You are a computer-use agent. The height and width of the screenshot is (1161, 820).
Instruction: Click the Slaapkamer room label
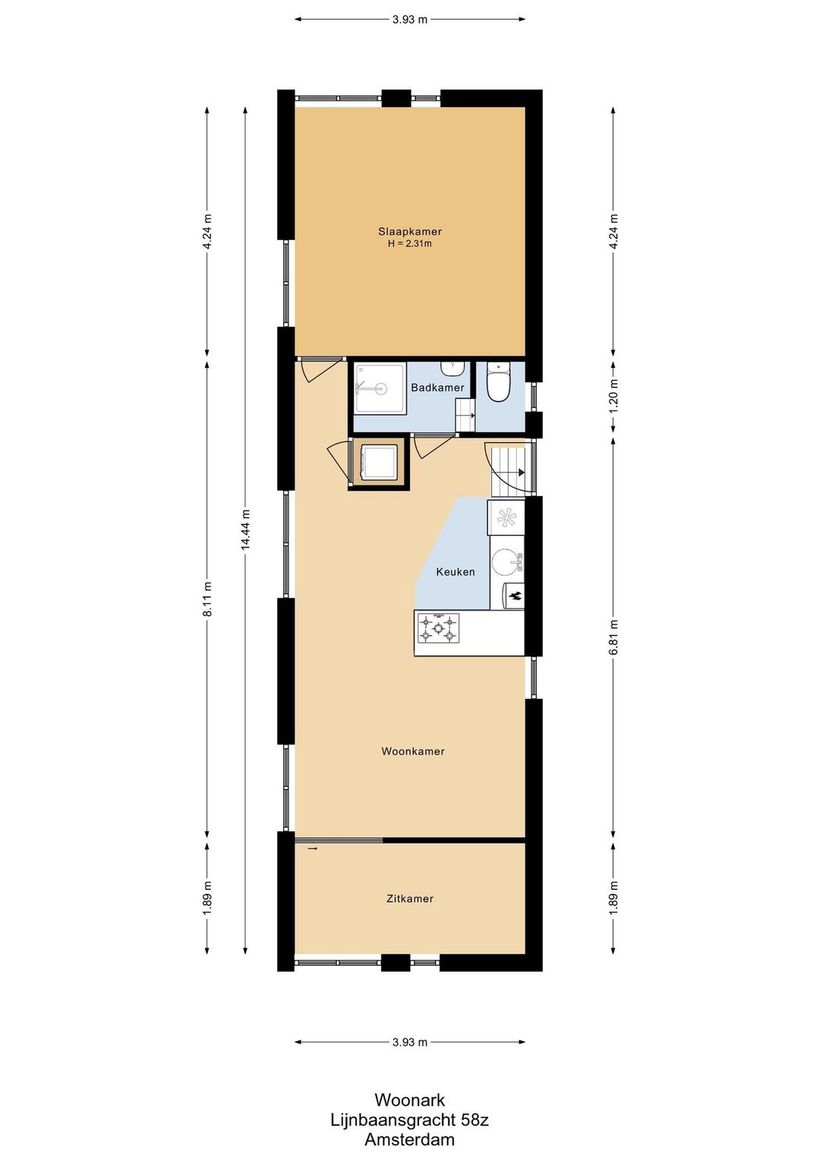click(409, 232)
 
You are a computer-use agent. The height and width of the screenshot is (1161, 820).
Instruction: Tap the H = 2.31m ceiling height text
click(409, 243)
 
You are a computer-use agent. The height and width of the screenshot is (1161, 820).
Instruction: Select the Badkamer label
click(437, 388)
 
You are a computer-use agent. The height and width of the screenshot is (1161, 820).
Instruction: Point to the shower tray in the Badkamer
click(380, 388)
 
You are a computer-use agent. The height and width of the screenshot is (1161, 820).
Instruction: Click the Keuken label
click(456, 572)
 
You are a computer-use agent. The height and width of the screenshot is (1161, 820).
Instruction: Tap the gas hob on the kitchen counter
click(438, 628)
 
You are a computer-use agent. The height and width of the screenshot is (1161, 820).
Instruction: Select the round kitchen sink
click(504, 562)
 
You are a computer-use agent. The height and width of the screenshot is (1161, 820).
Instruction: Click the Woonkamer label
click(413, 751)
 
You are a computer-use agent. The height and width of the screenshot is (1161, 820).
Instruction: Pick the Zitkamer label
click(410, 899)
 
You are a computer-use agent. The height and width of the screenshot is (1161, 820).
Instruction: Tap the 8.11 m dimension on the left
click(207, 599)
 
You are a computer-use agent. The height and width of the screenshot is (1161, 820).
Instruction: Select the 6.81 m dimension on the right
click(613, 637)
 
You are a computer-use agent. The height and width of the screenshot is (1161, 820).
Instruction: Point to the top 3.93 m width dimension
click(410, 20)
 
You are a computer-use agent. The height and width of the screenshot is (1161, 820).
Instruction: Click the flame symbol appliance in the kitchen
click(513, 596)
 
